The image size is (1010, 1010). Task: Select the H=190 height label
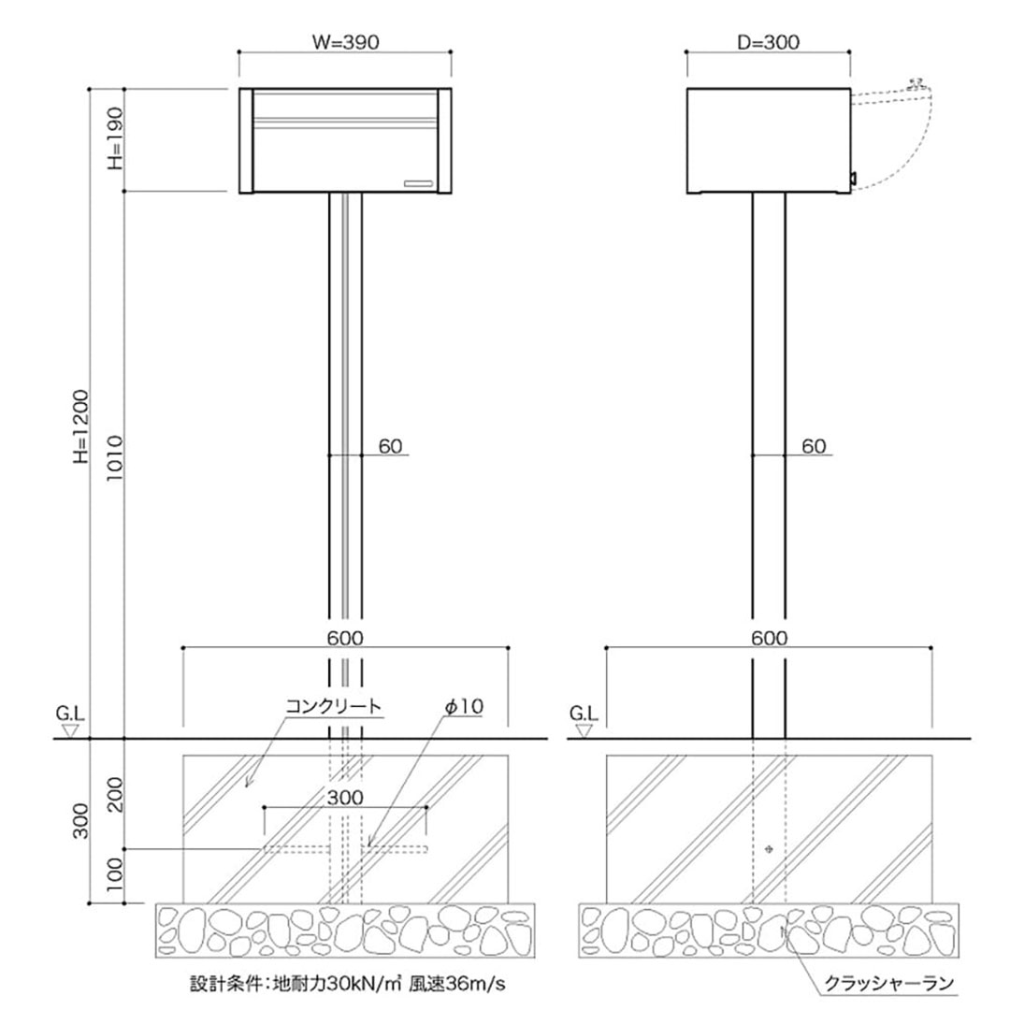click(113, 141)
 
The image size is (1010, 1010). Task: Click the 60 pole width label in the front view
click(390, 446)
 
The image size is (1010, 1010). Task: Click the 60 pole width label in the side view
click(814, 446)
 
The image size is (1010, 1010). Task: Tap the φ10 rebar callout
click(464, 707)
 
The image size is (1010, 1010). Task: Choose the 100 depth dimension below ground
click(113, 877)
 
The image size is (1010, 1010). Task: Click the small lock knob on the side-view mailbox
click(853, 177)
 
